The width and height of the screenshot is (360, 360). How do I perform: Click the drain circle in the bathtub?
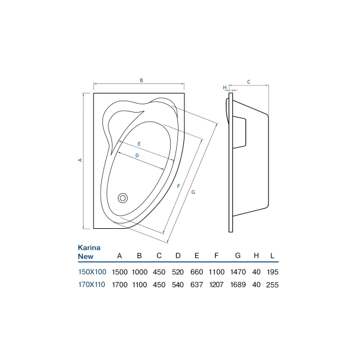123,198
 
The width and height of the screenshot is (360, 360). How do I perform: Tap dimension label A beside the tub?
80,160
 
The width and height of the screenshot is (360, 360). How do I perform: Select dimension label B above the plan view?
141,80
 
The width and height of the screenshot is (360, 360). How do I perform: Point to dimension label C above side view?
249,82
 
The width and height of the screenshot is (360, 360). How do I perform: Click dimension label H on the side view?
225,87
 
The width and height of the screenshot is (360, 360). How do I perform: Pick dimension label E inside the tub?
139,144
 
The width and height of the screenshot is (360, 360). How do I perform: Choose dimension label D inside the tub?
137,155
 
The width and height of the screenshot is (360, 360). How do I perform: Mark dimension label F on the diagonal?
179,186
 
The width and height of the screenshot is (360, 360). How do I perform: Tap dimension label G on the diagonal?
193,192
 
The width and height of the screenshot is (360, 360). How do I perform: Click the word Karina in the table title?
89,247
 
